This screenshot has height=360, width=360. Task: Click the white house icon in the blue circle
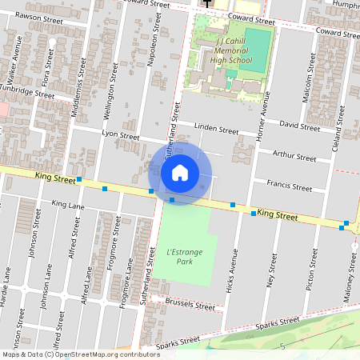coord(180,173)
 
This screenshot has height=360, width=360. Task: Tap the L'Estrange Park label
coord(185,257)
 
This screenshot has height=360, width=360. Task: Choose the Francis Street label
coord(290,187)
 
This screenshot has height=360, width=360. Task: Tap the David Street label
coord(300,126)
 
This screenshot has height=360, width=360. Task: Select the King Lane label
coord(68,206)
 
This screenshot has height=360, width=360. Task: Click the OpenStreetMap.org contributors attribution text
coord(102,354)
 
